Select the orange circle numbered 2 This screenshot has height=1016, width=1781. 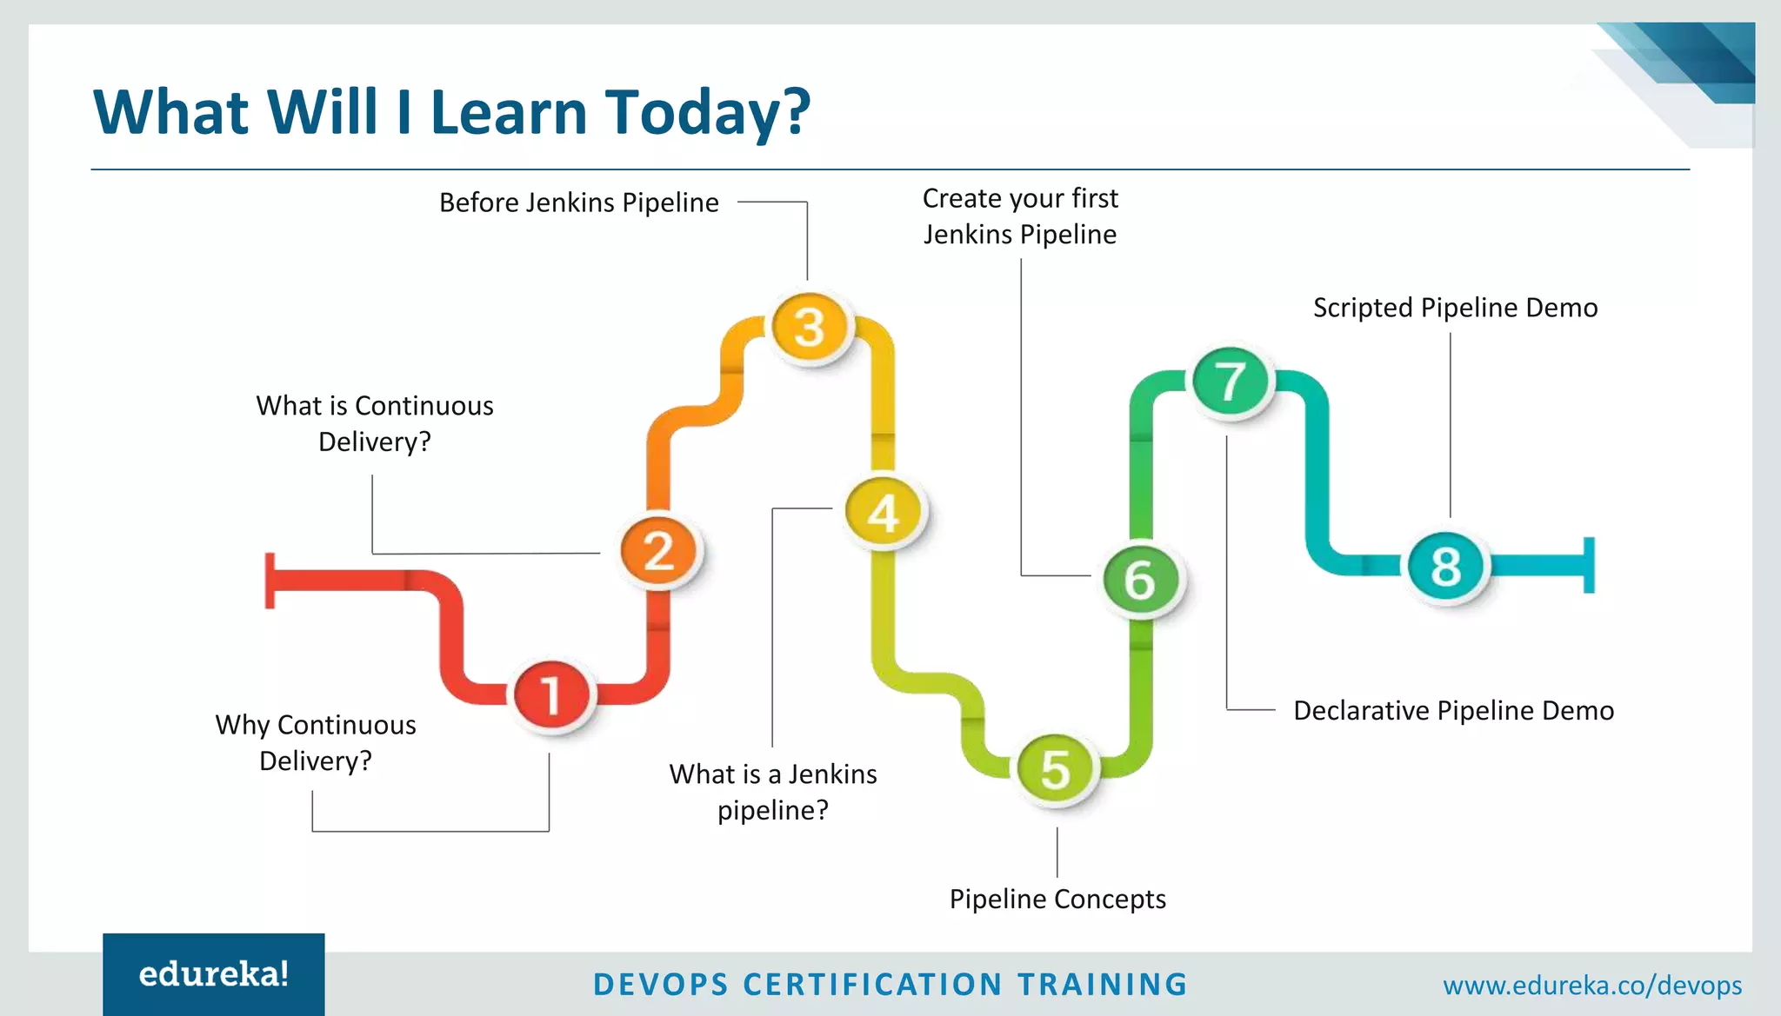coord(659,551)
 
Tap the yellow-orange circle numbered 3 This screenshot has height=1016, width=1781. coord(810,327)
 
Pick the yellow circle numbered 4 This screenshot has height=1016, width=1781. coord(884,512)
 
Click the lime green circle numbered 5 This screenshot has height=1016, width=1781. coord(1056,768)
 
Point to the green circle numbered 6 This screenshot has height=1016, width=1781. coord(1139,579)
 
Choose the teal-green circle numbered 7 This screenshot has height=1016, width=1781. coord(1230,381)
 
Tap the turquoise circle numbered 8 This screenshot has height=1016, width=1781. coord(1446,566)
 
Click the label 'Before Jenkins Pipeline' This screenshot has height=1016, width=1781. coord(579,203)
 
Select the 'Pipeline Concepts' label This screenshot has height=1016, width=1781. coord(1057,899)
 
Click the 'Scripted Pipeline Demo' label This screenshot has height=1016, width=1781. coord(1455,308)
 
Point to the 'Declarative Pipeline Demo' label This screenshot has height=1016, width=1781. coord(1453,711)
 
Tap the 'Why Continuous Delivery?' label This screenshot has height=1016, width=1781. coord(316,742)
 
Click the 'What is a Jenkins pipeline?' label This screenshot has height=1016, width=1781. coord(773,792)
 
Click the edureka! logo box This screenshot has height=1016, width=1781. coord(214,974)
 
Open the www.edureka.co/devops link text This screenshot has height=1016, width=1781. coord(1592,986)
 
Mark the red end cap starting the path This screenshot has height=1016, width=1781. coord(270,580)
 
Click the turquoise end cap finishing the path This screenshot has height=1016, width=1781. coord(1589,565)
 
